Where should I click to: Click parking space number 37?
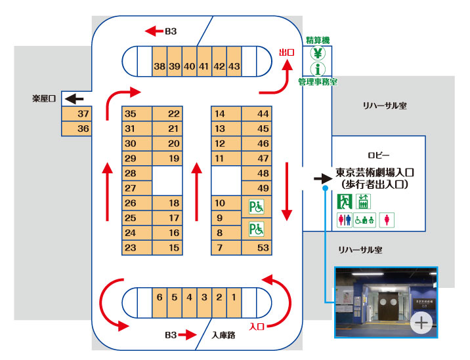76,113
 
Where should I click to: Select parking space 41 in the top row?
204,62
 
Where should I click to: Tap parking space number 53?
257,248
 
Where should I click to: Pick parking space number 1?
234,302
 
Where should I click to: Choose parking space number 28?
137,173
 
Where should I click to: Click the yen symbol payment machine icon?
318,53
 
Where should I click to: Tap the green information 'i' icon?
318,69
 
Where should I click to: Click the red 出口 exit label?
287,52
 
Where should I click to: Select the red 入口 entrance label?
257,327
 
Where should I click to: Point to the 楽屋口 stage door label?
44,98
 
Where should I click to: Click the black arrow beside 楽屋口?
74,98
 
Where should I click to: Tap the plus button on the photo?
421,323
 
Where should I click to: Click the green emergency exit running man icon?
345,201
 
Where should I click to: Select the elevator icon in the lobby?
363,201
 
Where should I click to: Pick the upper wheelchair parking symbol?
256,207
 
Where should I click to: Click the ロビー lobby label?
378,155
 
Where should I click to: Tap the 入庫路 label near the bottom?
223,335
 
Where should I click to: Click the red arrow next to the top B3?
154,31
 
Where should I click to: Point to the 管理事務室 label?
318,82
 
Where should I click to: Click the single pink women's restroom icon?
387,220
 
